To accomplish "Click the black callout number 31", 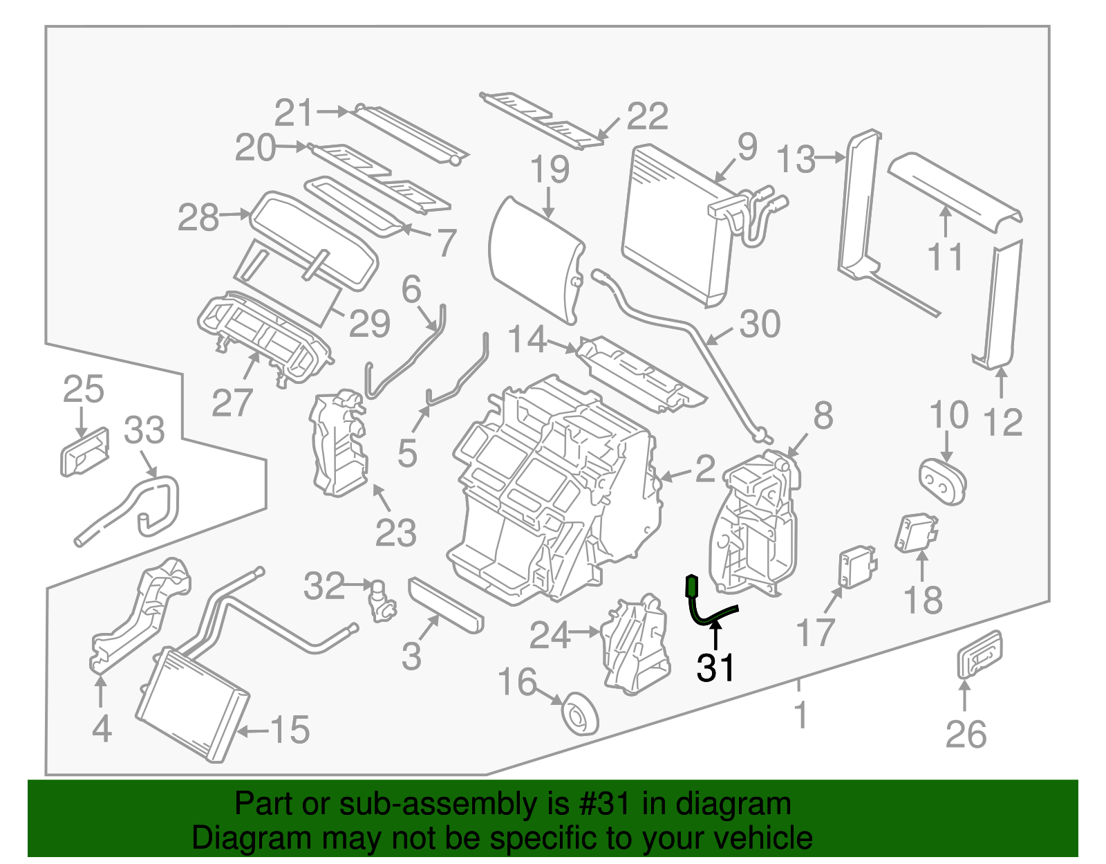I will [x=715, y=668].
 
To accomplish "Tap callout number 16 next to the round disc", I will [x=517, y=682].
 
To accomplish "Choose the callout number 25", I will [x=83, y=389].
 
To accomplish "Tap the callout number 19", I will [x=550, y=169].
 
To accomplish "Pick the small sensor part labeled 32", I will [x=380, y=600].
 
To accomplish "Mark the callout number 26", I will [x=966, y=734].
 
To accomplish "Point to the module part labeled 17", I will [x=856, y=567].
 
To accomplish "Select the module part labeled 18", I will [x=917, y=533].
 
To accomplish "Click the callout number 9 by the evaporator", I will [x=747, y=147].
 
